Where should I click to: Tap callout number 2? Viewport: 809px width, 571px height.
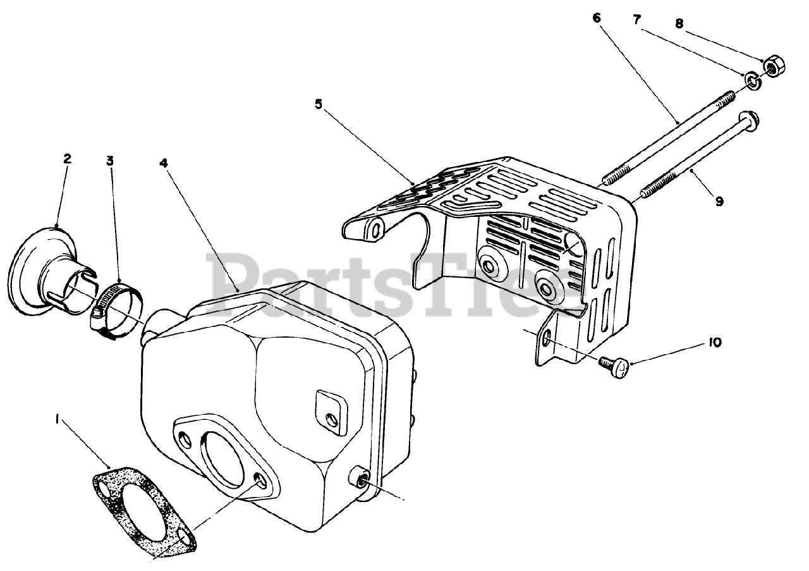67,159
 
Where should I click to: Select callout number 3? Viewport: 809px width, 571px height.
110,161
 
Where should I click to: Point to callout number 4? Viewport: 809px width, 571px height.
164,163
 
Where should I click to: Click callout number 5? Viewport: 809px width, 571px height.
319,104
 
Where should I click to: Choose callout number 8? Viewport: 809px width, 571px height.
679,23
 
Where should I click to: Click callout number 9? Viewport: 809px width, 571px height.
719,201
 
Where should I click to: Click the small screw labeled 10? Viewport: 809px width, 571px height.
616,365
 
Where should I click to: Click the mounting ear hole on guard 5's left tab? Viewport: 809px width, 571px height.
377,230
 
